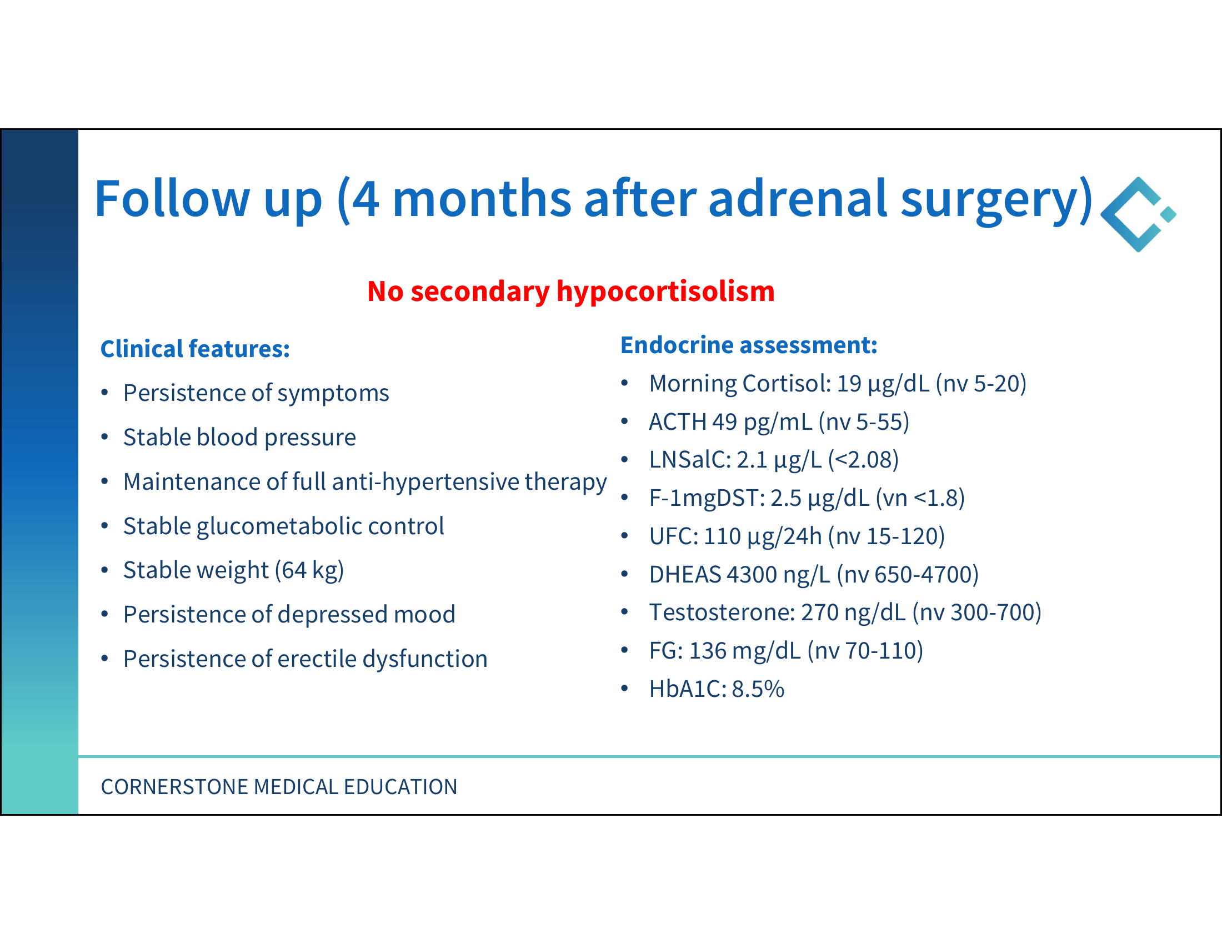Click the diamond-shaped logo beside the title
[x=1138, y=214]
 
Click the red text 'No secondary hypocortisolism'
[x=570, y=292]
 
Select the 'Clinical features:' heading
[x=195, y=348]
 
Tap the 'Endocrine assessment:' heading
[x=749, y=344]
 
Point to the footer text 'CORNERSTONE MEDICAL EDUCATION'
[x=279, y=787]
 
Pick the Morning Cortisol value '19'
[x=849, y=383]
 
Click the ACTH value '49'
[x=724, y=421]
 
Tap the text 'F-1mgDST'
[x=704, y=498]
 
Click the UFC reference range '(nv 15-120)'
[x=887, y=536]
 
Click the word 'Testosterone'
[x=719, y=612]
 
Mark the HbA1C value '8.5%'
[x=758, y=689]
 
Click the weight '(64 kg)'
[x=309, y=570]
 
